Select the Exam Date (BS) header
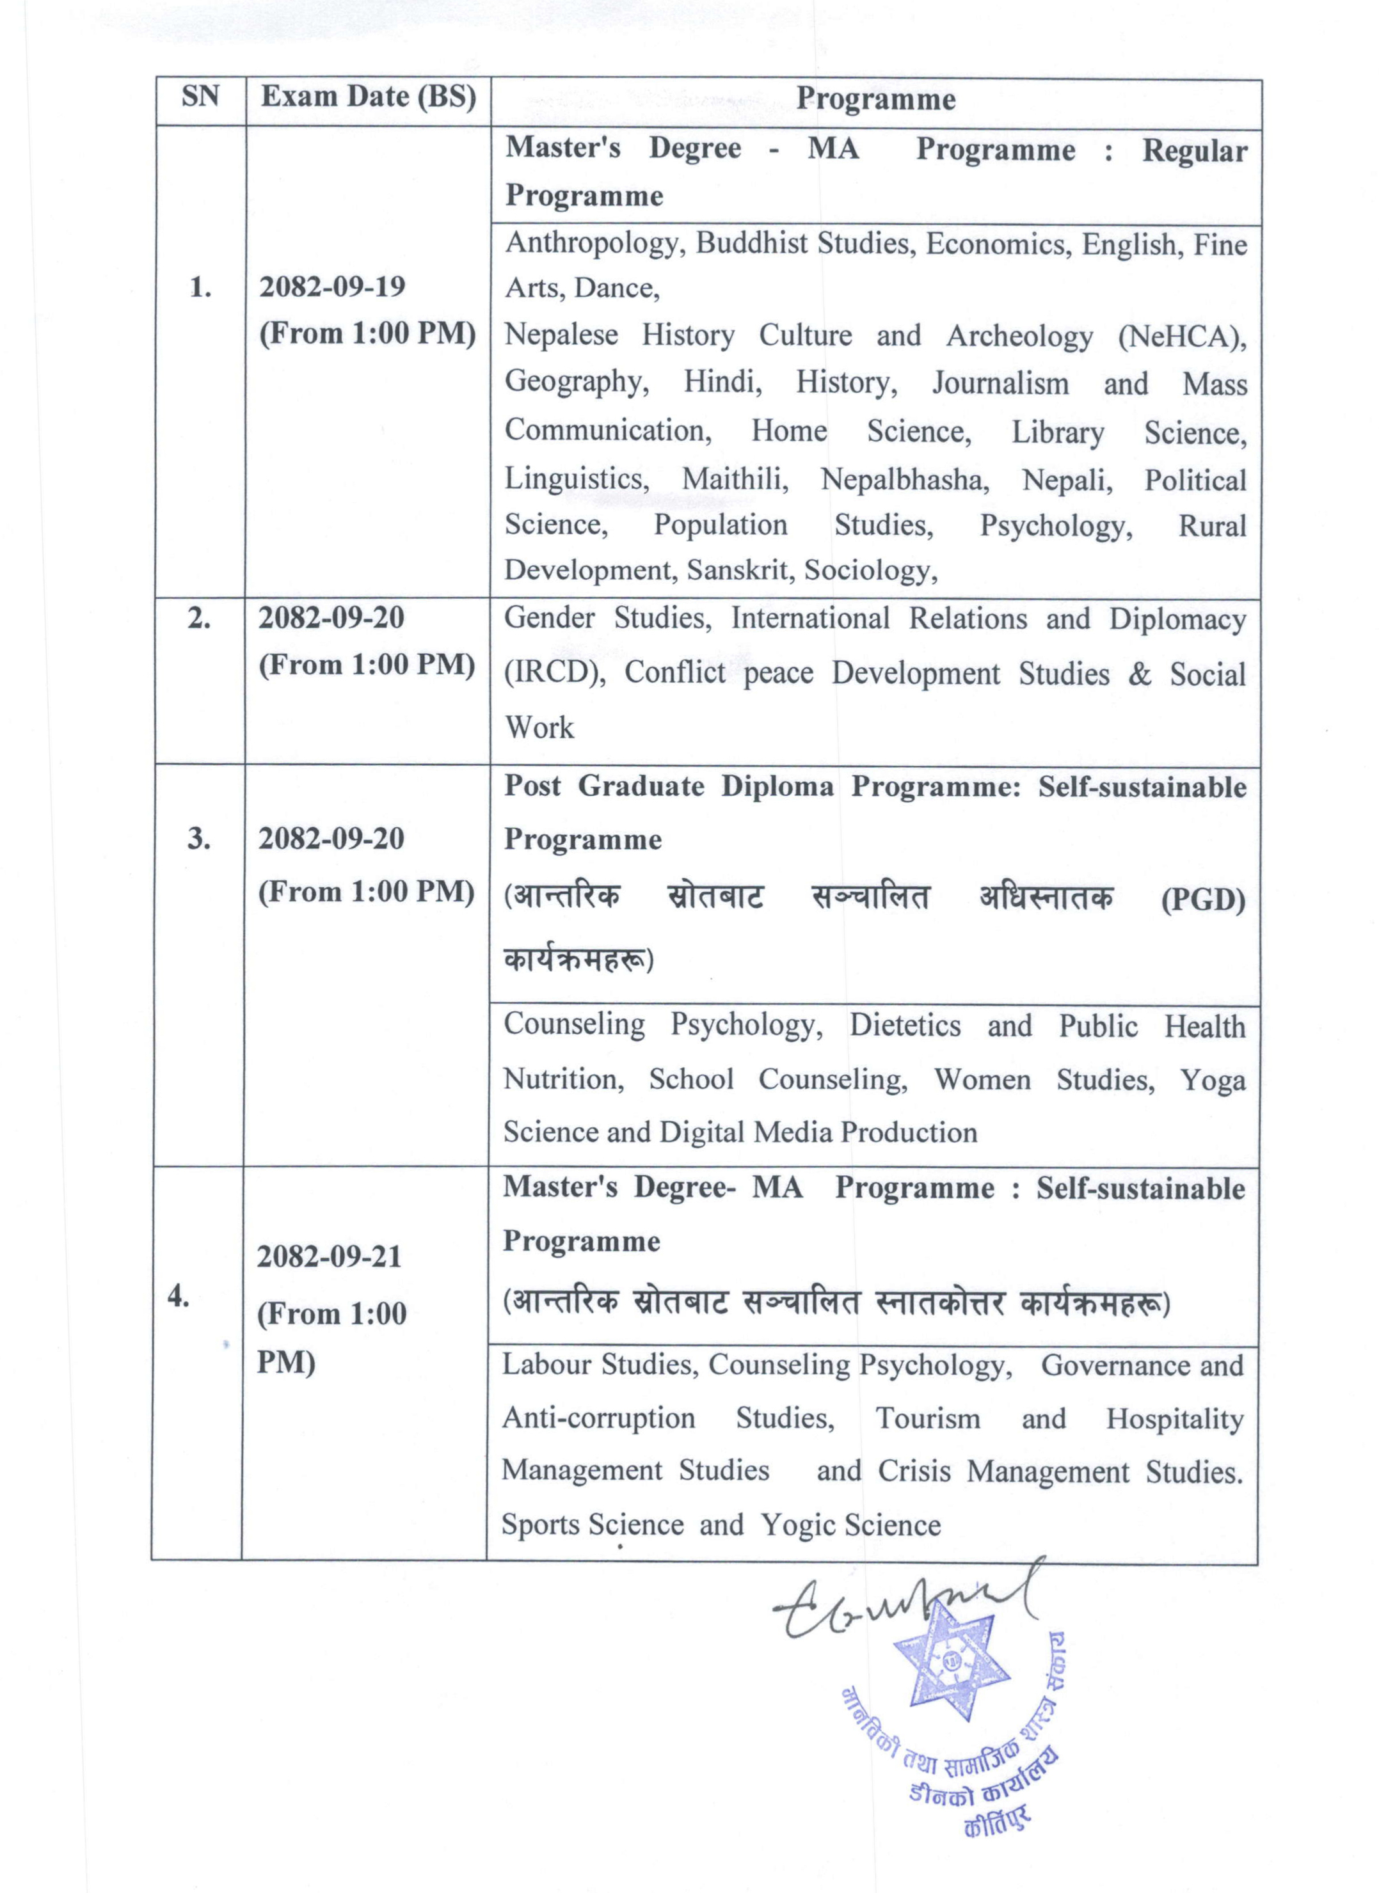pyautogui.click(x=368, y=98)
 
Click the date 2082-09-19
pyautogui.click(x=332, y=287)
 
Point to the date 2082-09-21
pyautogui.click(x=329, y=1256)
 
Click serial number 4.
pyautogui.click(x=178, y=1296)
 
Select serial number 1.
pyautogui.click(x=200, y=288)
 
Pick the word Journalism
pyautogui.click(x=1000, y=384)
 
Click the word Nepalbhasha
pyautogui.click(x=905, y=480)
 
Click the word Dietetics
pyautogui.click(x=905, y=1025)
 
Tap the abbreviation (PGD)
pyautogui.click(x=1203, y=899)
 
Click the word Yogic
pyautogui.click(x=795, y=1525)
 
